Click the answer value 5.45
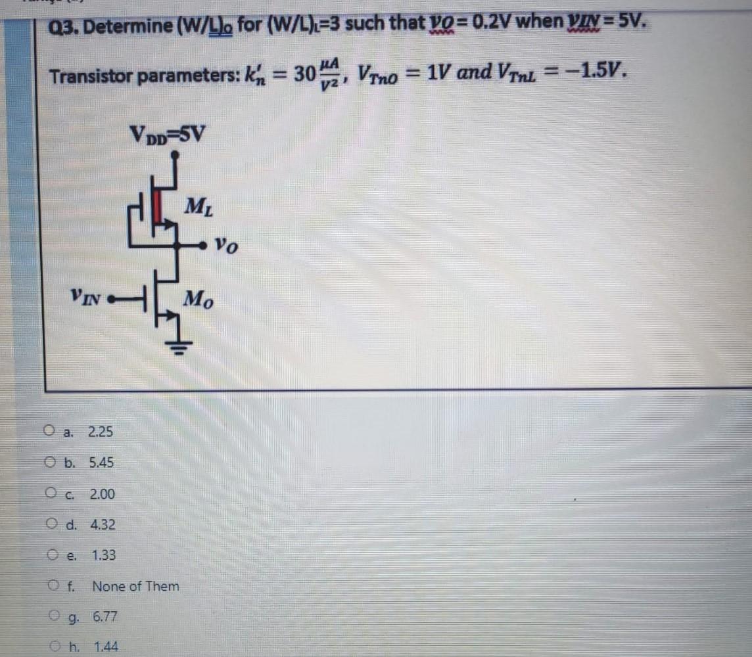[101, 463]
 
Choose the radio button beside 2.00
[51, 493]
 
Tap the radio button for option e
[53, 555]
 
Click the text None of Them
[135, 586]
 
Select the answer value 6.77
[105, 617]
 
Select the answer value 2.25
[100, 432]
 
